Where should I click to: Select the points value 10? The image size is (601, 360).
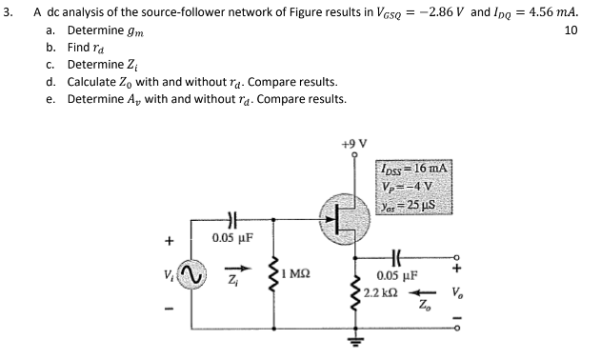point(571,31)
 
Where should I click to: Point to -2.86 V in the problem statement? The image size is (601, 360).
point(424,13)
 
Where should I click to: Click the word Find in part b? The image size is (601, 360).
point(79,49)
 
